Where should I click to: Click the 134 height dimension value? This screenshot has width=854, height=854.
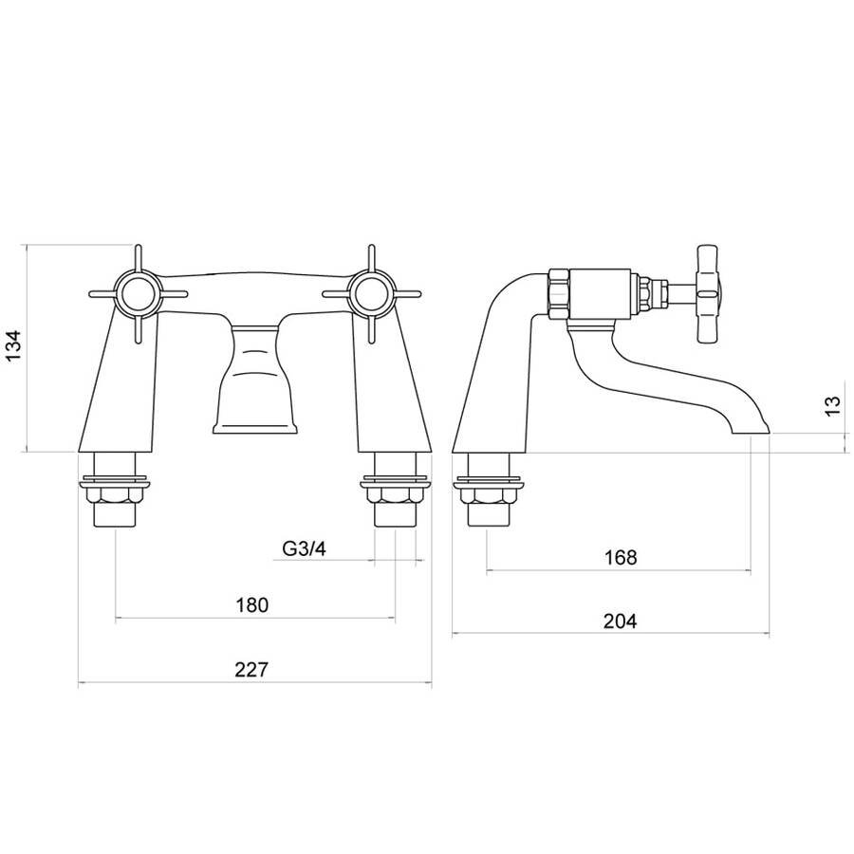click(13, 344)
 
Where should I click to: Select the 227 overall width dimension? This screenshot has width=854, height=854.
click(251, 669)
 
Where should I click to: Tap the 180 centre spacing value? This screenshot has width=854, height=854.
click(252, 604)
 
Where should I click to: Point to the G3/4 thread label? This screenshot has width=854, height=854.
click(304, 548)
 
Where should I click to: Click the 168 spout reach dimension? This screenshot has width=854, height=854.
click(621, 557)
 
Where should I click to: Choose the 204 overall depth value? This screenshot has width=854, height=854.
click(620, 621)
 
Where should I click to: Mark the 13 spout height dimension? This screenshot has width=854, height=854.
click(833, 406)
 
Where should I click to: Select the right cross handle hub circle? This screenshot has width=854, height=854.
click(371, 294)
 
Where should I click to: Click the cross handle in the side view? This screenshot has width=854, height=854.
click(710, 294)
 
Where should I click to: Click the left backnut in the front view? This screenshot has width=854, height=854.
click(115, 495)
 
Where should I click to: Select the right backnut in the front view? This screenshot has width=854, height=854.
click(396, 495)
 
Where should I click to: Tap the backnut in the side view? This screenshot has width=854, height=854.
click(489, 495)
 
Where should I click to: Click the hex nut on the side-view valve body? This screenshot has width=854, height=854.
click(559, 293)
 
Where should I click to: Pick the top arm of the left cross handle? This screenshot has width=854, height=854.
click(137, 258)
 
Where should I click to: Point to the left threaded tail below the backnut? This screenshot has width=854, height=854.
click(115, 515)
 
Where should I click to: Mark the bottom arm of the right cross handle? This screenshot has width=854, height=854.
click(371, 330)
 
